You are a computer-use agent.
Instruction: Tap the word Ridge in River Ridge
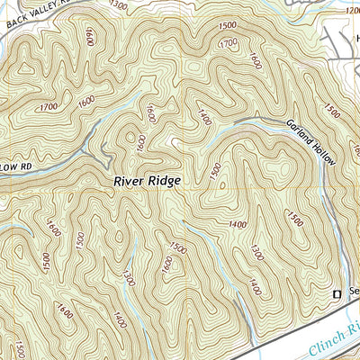tap(167, 181)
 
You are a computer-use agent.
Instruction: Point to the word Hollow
tap(326, 154)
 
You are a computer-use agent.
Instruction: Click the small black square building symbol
tap(337, 293)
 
